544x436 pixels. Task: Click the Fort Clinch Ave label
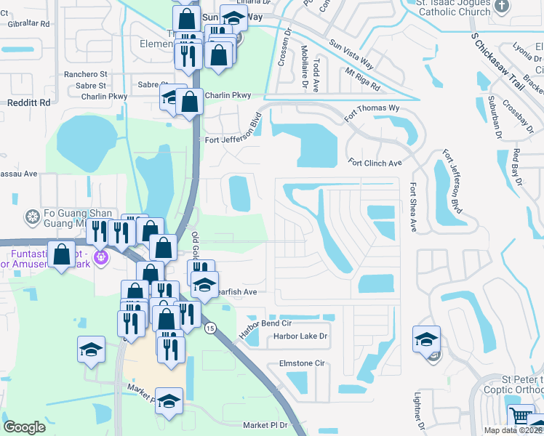coord(375,163)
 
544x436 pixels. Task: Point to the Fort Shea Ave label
coord(412,207)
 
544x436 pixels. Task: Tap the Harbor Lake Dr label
coord(300,336)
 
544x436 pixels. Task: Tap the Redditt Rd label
coord(28,102)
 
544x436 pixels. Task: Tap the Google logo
coord(24,427)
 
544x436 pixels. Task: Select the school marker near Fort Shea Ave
coord(426,339)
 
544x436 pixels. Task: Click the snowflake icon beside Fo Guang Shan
coord(32,217)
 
